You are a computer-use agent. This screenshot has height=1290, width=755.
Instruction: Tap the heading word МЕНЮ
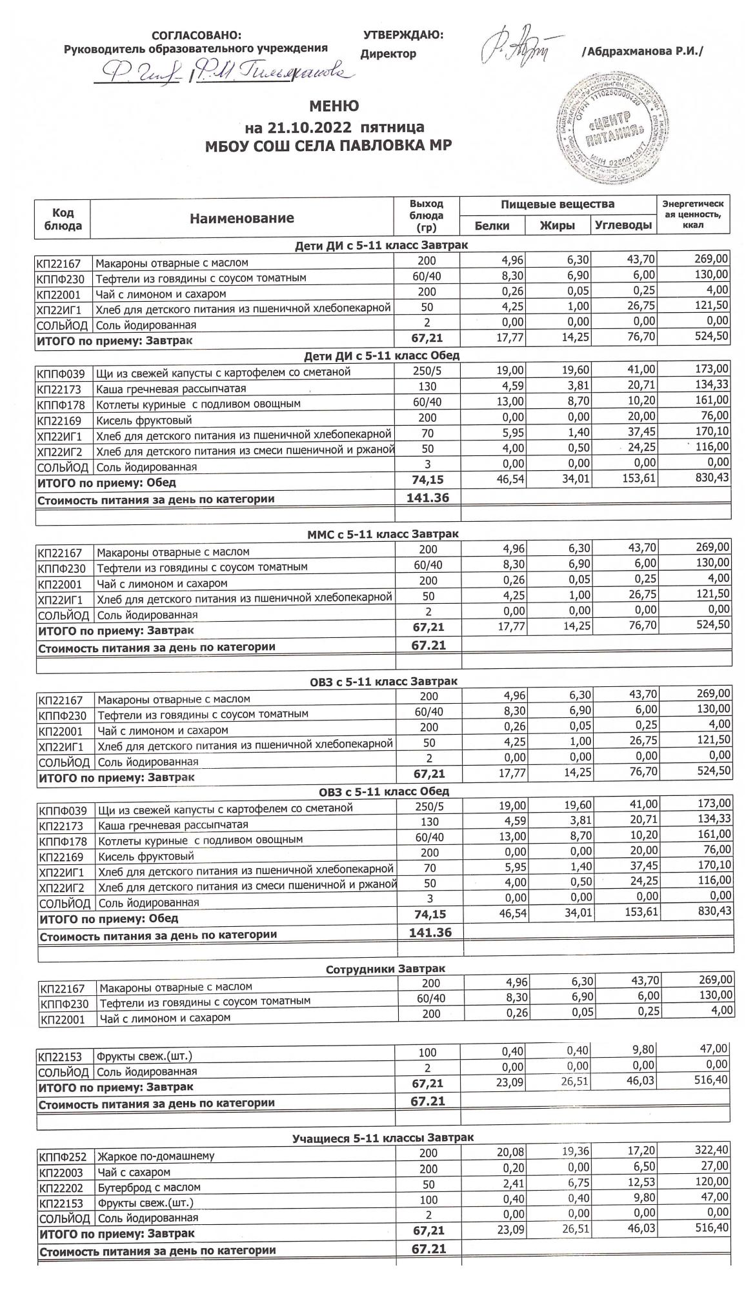pos(334,106)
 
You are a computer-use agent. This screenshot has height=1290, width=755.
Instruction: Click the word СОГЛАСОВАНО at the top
pos(196,35)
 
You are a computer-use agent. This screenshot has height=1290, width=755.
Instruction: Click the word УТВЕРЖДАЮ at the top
pos(403,35)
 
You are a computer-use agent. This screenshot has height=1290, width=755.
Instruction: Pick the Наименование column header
pos(241,219)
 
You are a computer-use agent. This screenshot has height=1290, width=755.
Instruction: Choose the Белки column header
pos(492,226)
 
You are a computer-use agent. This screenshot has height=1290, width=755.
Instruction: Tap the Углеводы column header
pos(623,226)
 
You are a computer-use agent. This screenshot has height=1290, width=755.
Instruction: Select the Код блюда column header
pos(63,219)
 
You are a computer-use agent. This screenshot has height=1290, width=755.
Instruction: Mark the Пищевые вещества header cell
pos(558,204)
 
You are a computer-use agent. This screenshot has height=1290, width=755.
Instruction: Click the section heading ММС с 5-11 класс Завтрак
pos(382,533)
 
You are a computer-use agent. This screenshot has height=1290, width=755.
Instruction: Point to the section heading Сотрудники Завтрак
pos(385,969)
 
